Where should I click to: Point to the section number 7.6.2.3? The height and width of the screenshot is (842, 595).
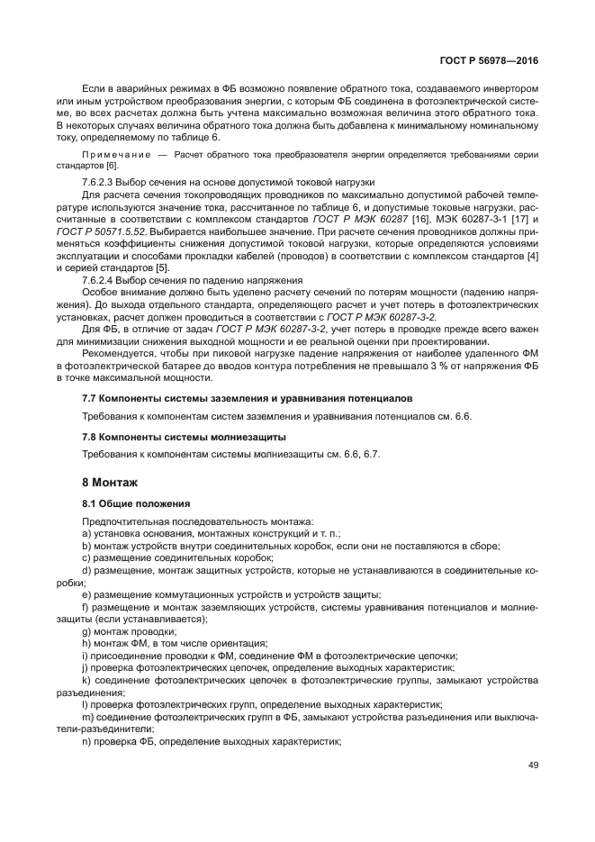tap(98, 182)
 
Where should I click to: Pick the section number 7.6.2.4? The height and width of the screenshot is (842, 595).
tap(98, 280)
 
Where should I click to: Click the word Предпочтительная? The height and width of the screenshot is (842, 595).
tap(122, 521)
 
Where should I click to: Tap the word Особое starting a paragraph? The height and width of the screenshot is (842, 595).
tap(99, 292)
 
